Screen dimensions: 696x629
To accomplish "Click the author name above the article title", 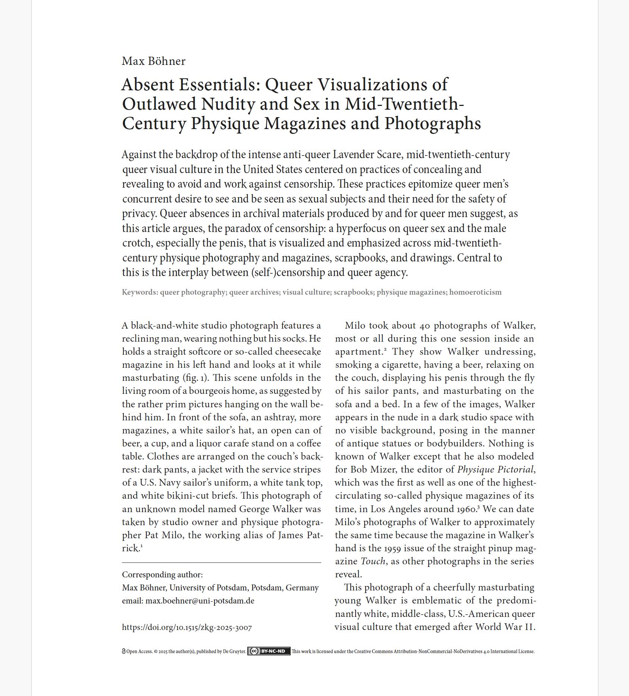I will click(x=153, y=61).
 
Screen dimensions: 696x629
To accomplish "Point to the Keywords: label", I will click(x=140, y=292).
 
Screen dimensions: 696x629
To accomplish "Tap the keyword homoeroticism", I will click(x=475, y=292).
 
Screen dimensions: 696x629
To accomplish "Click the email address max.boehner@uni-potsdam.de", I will click(x=200, y=601).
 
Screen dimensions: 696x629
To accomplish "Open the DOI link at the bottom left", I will click(x=187, y=627).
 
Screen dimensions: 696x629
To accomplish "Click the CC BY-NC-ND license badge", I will click(x=269, y=651).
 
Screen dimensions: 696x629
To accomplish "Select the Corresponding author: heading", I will click(x=162, y=575).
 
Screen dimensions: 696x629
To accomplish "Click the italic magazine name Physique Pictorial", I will click(x=495, y=470).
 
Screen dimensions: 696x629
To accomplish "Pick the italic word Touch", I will click(x=373, y=561).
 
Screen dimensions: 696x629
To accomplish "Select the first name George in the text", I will click(x=254, y=509).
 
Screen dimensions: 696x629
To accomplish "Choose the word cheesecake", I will click(x=298, y=352).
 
